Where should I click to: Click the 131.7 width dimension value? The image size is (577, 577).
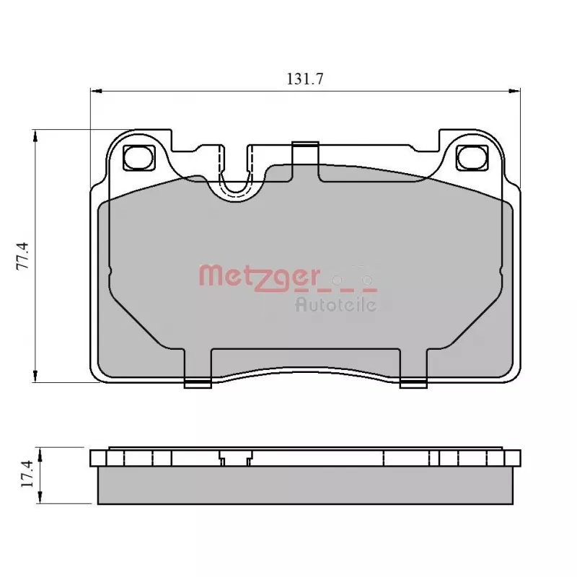click(x=304, y=79)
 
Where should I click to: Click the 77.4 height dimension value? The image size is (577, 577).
click(x=22, y=256)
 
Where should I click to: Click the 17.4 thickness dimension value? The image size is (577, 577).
click(x=27, y=475)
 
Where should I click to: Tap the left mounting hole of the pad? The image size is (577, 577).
click(x=138, y=157)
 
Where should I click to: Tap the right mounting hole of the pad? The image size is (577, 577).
click(x=472, y=157)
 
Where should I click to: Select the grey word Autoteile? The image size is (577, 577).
click(x=336, y=304)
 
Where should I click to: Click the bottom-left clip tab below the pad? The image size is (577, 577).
click(x=198, y=383)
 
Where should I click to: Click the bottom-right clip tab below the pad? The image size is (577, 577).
click(x=413, y=383)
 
